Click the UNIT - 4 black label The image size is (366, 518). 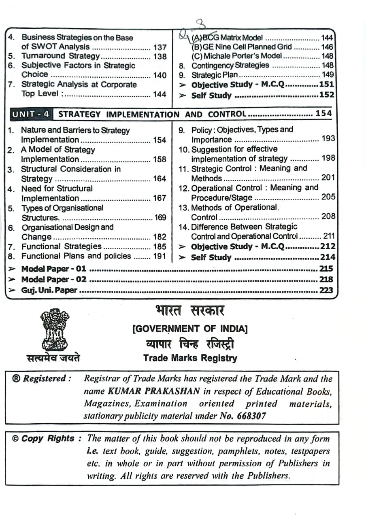[31, 115]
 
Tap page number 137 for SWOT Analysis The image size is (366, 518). [160, 47]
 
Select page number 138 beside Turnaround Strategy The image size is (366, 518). [160, 56]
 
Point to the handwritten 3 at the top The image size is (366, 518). [199, 25]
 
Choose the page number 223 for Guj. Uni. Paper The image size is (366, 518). [326, 290]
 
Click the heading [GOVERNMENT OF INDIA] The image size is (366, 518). [190, 329]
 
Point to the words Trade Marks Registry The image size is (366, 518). [190, 358]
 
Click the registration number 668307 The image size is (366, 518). [249, 416]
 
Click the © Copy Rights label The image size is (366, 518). [43, 439]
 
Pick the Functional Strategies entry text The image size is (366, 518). [61, 246]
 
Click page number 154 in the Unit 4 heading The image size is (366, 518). [323, 114]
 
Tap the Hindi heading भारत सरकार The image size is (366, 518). [189, 311]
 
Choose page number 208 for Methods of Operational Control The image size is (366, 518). [328, 217]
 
